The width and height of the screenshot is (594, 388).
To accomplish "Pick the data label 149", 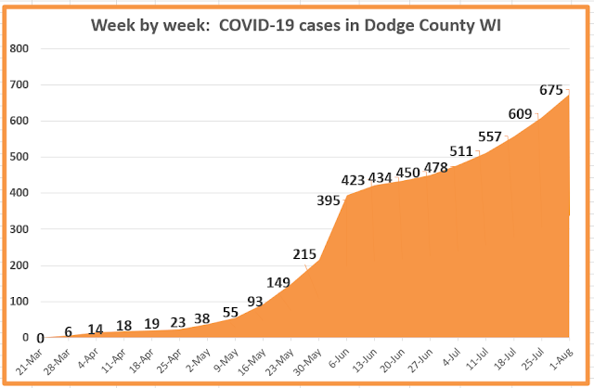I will [278, 283].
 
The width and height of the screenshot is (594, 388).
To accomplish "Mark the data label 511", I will [461, 151].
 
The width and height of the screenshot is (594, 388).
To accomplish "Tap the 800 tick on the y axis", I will [20, 49].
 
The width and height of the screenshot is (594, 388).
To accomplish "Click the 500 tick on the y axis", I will [20, 158].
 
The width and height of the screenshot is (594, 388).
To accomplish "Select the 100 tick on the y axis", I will [20, 302].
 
